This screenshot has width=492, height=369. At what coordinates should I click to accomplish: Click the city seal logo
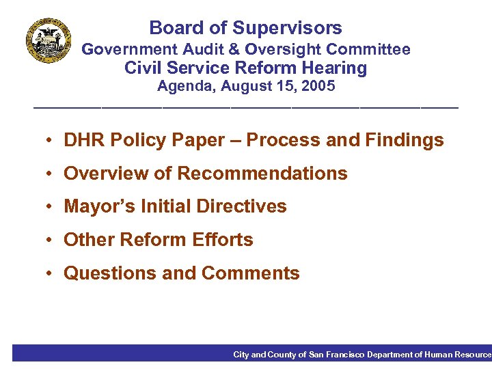point(49,40)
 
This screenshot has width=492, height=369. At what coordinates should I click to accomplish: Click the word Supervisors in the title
point(287,28)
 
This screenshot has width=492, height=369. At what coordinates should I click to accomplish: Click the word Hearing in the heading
point(332,68)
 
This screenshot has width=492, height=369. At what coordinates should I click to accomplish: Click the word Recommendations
point(262,174)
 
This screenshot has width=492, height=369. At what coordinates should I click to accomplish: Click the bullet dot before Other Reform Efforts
point(51,241)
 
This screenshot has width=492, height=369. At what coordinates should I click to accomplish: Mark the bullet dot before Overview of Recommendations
point(51,174)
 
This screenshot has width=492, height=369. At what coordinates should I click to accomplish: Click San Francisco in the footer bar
point(337,355)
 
